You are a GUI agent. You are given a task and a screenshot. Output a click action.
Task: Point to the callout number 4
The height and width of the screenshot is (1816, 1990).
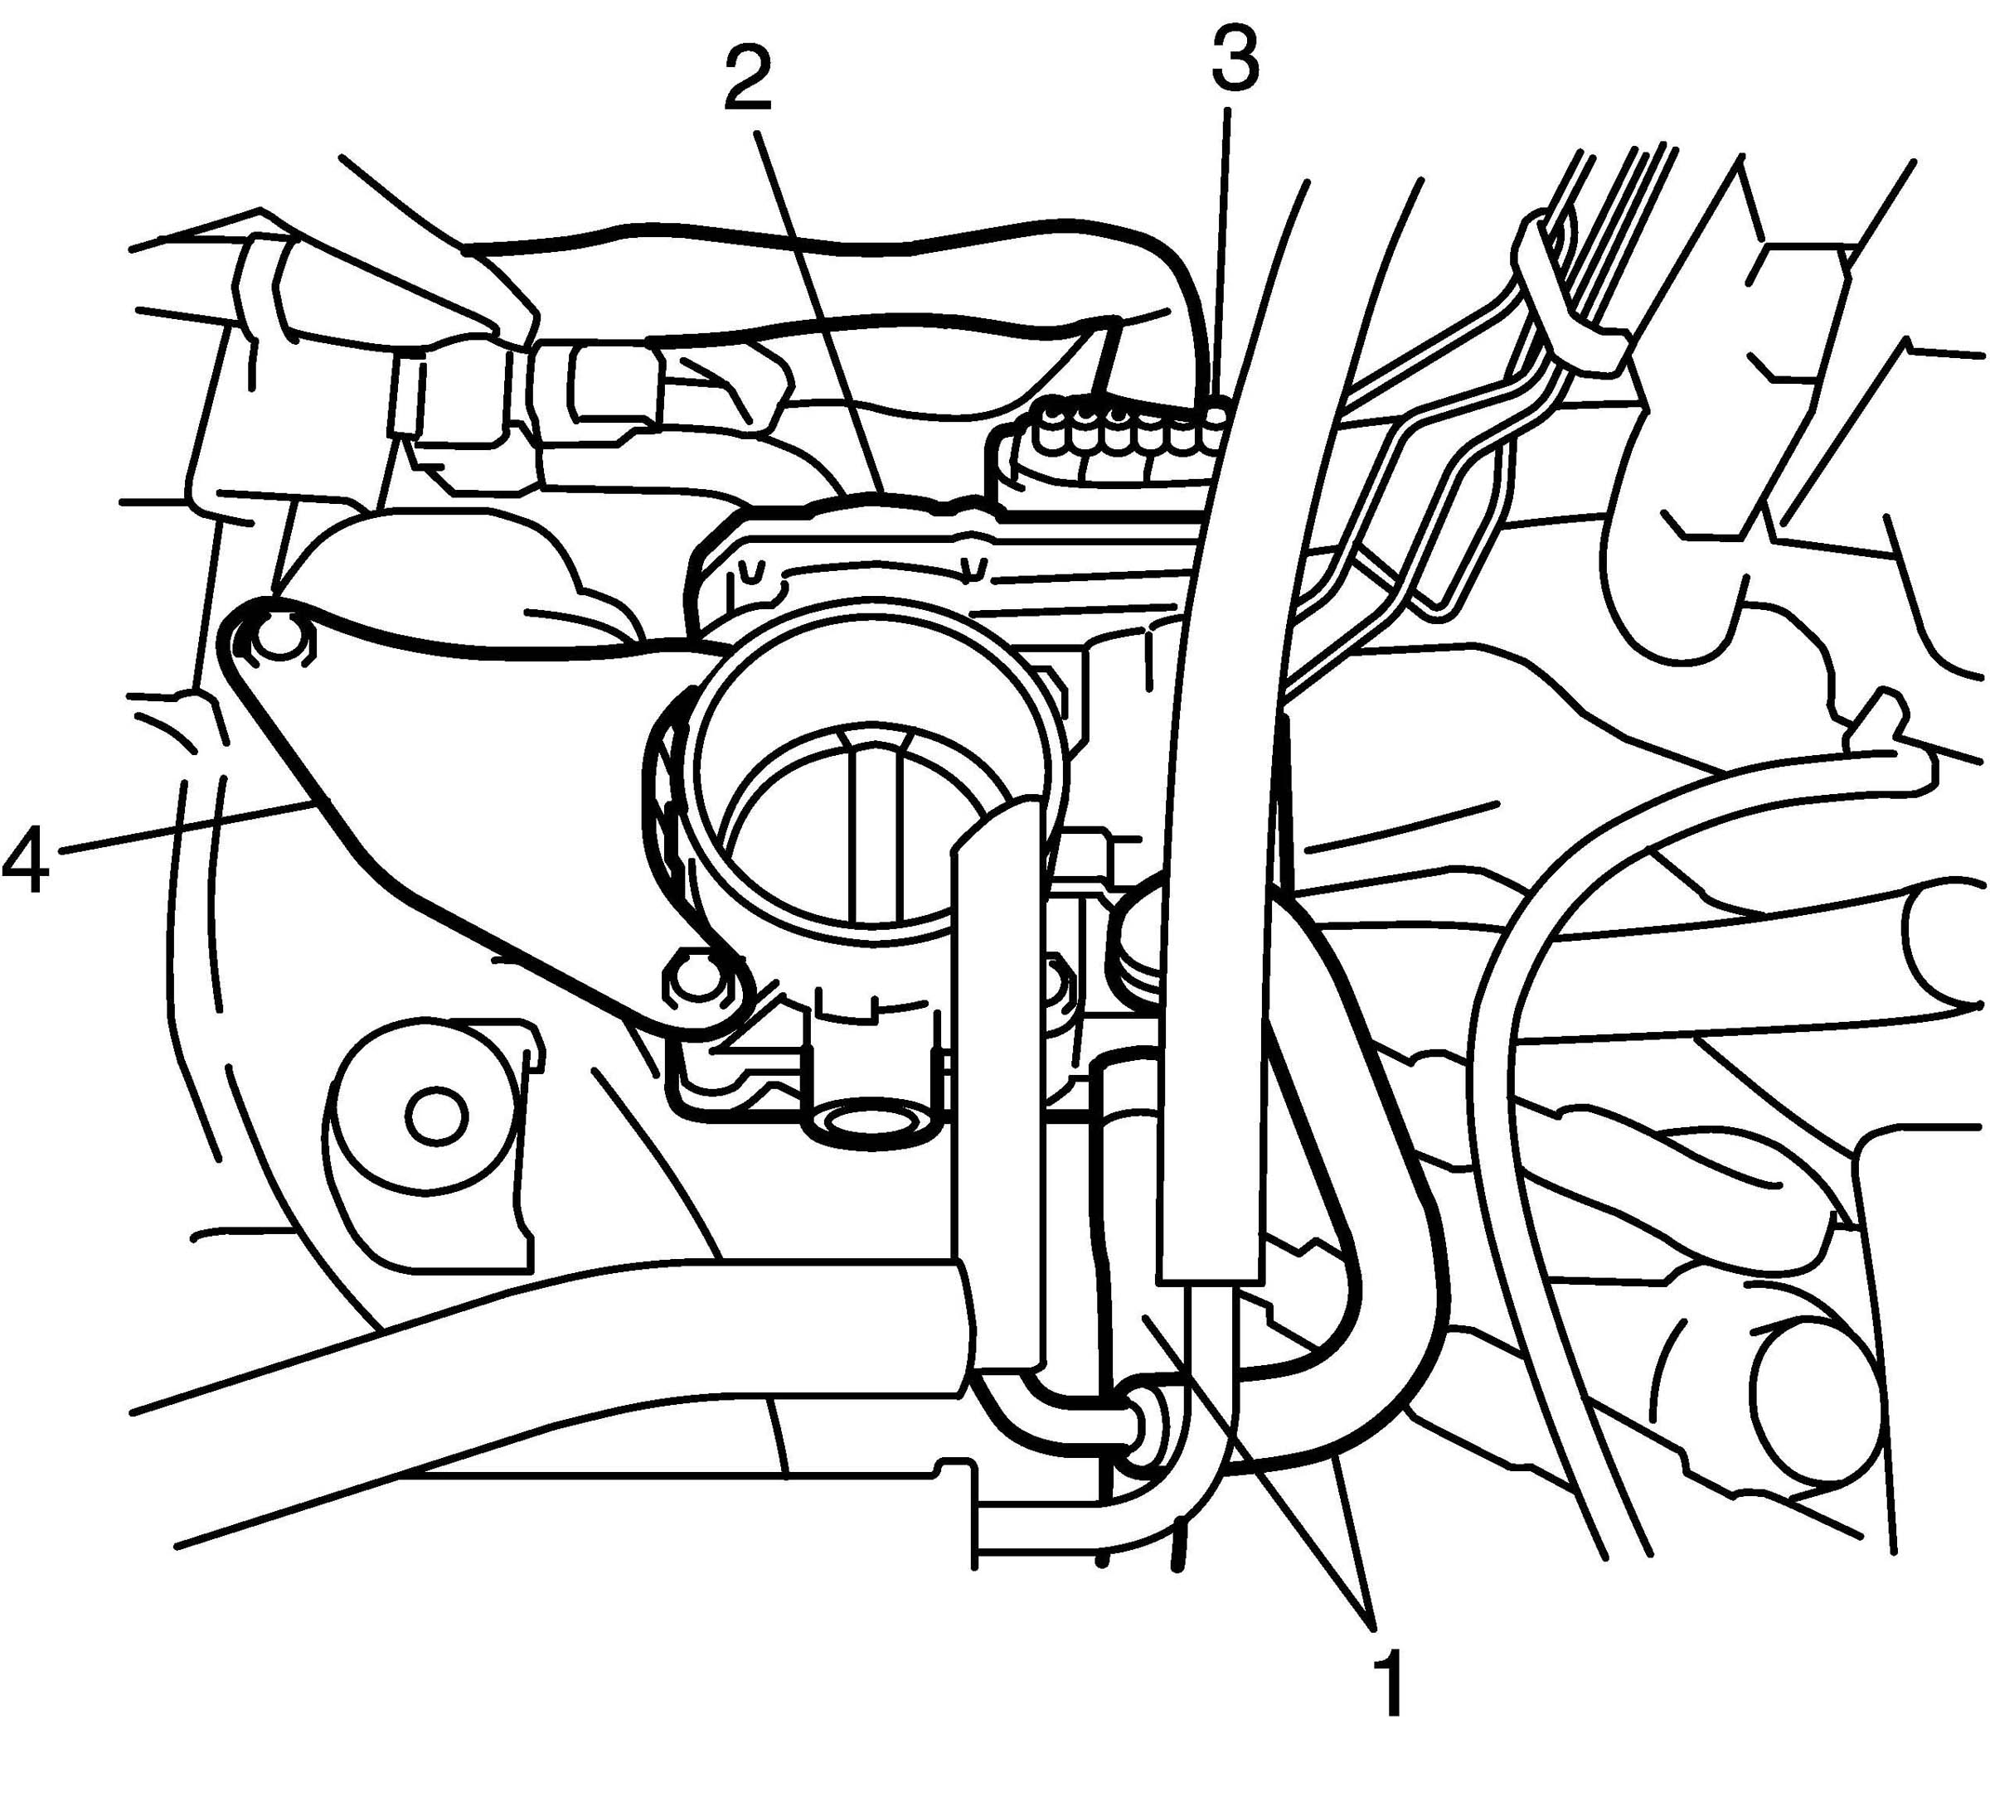(x=26, y=862)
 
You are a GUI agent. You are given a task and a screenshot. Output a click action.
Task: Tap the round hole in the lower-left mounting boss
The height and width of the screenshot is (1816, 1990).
(x=434, y=1117)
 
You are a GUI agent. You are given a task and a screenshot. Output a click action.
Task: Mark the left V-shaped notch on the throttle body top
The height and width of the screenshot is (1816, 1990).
(x=752, y=573)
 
